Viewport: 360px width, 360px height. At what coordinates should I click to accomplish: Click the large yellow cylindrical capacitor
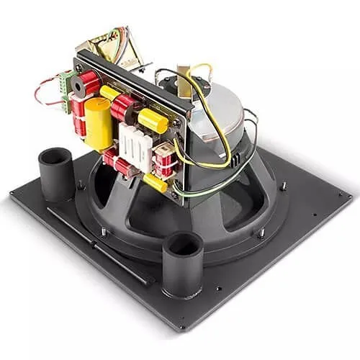(99, 123)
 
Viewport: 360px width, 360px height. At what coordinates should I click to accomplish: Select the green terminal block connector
(67, 82)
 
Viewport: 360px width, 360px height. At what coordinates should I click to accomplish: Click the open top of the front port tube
(182, 244)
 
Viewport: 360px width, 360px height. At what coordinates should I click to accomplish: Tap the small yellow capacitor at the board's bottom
(155, 182)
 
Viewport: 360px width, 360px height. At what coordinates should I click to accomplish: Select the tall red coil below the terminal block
(77, 115)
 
